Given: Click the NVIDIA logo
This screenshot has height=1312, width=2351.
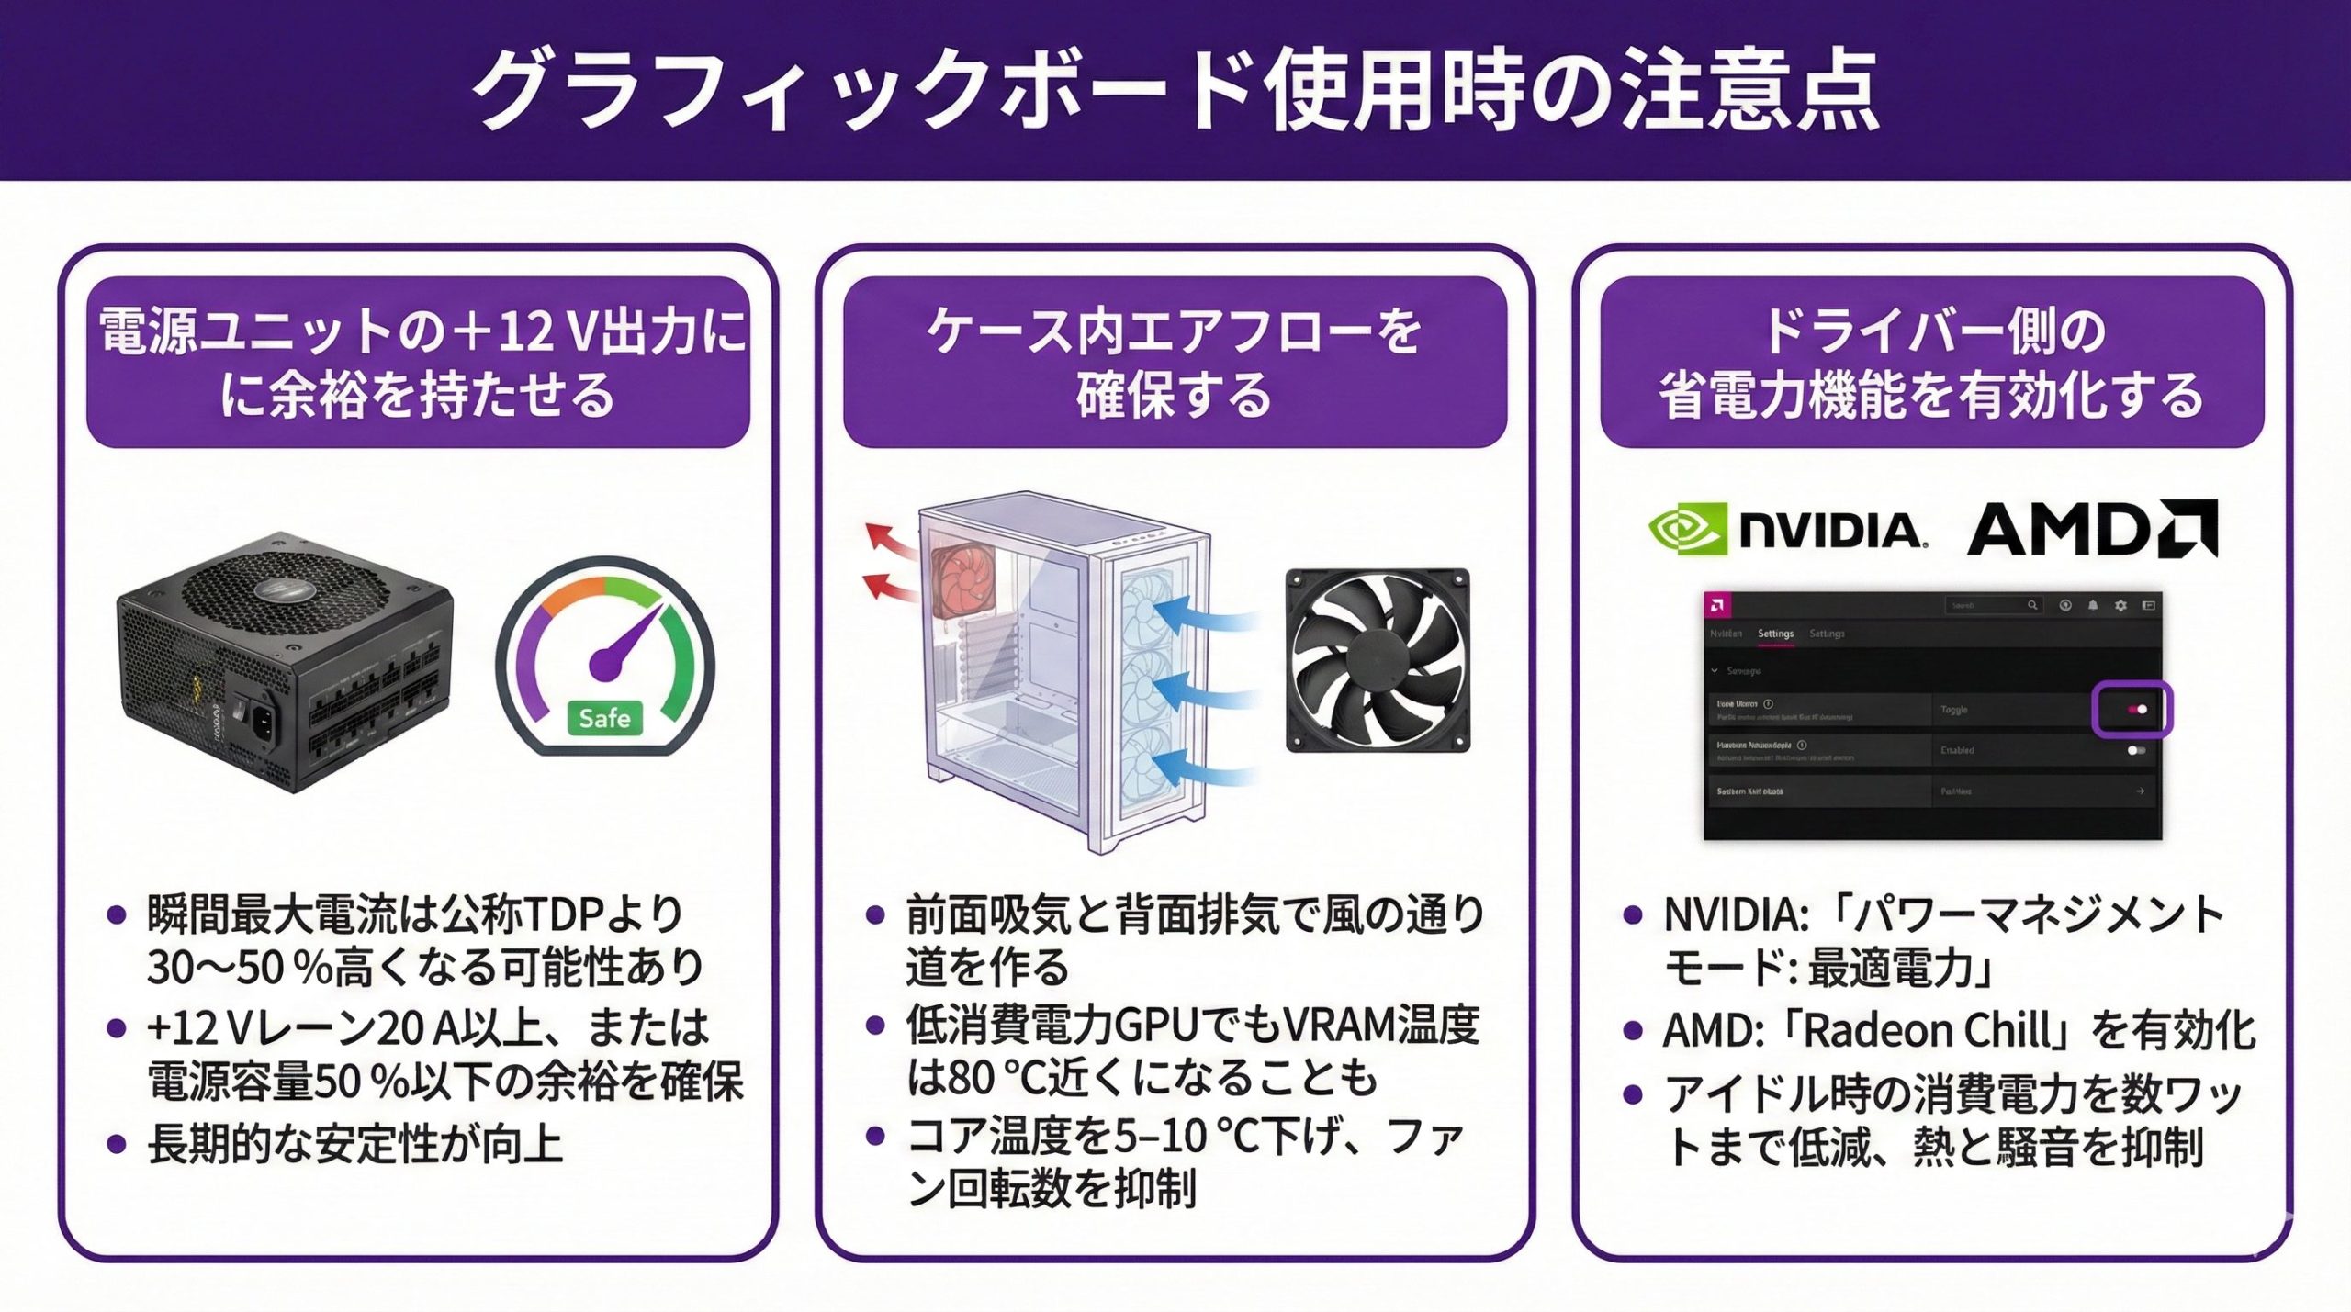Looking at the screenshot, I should [1786, 530].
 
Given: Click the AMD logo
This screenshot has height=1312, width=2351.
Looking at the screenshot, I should [2091, 530].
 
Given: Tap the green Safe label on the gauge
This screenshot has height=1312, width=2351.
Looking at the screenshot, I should [604, 717].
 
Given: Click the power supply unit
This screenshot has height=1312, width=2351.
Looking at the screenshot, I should [285, 661].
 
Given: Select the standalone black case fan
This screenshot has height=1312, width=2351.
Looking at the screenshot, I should [1377, 660].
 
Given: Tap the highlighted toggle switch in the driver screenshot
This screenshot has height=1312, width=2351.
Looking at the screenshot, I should [2132, 709].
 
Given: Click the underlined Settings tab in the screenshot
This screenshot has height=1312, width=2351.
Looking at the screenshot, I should [1775, 634].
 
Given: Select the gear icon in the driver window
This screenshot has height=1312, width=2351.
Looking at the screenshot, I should [2120, 606].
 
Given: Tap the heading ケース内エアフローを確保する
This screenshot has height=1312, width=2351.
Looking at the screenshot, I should [1175, 362].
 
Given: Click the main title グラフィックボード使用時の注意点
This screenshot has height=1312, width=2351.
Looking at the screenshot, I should [1175, 90].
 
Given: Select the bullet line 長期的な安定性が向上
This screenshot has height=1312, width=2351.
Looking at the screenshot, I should [355, 1144].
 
